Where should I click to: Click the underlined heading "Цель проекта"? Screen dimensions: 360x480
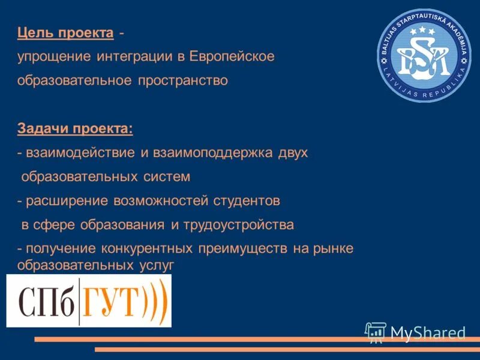pos(65,33)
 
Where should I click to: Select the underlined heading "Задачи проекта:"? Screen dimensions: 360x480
pos(76,128)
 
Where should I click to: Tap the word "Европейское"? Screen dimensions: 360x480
pos(232,56)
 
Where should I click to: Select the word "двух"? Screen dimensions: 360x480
pos(293,152)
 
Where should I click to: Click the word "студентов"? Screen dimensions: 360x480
pos(247,201)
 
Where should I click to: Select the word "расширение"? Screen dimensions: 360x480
pos(61,201)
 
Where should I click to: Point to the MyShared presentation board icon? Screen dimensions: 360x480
pos(376,332)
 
